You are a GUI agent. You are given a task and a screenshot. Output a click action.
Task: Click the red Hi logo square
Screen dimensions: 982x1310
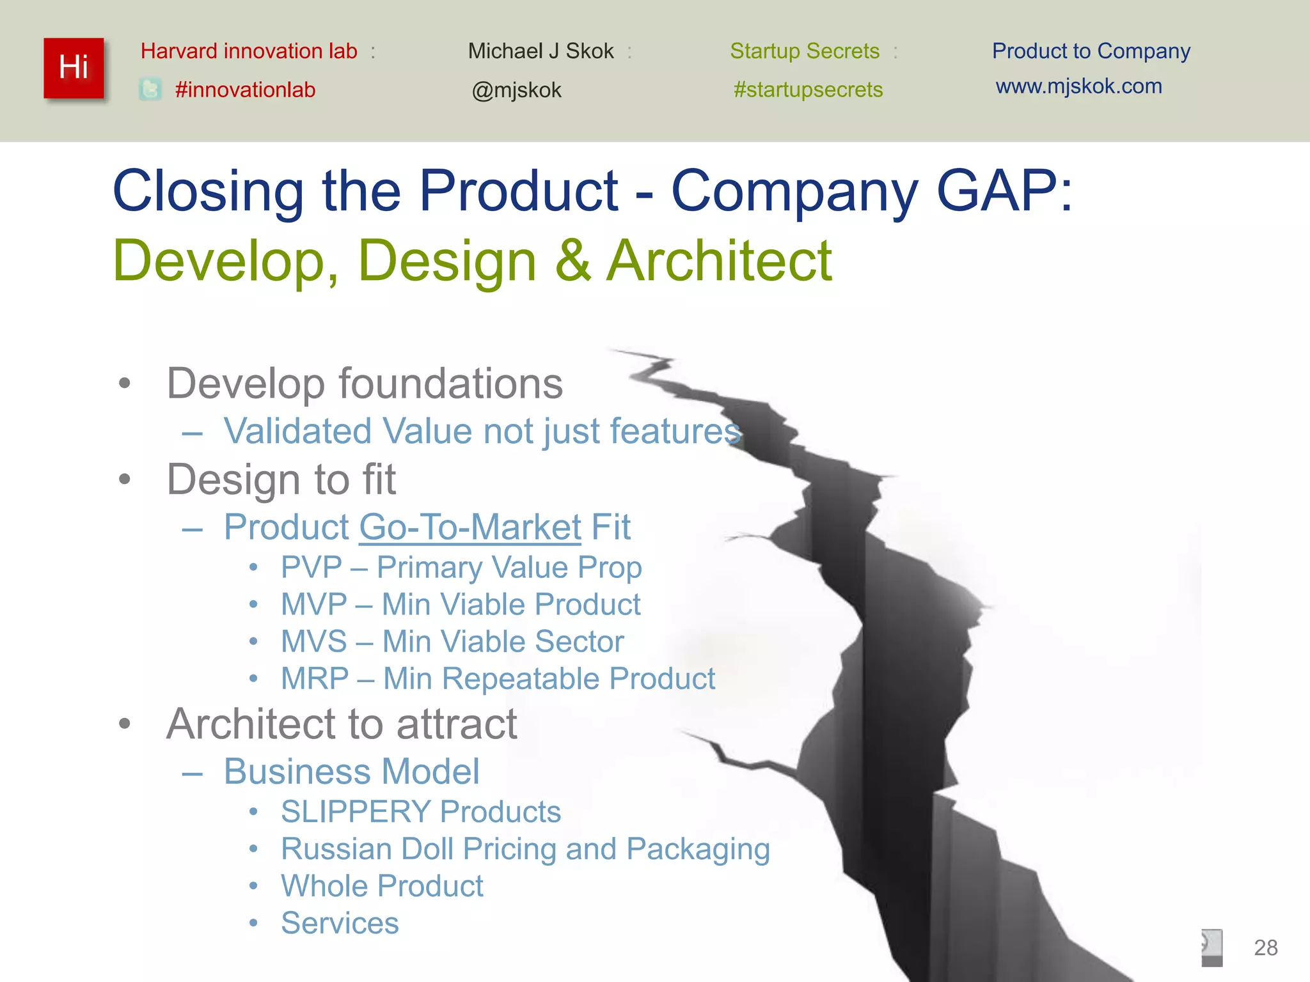[x=74, y=68]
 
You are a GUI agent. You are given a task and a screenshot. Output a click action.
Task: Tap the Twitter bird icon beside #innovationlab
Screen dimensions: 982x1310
[x=150, y=89]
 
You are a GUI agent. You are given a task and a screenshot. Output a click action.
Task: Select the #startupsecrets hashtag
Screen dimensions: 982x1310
[x=808, y=90]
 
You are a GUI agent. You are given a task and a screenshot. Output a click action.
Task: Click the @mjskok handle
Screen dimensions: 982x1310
[x=516, y=90]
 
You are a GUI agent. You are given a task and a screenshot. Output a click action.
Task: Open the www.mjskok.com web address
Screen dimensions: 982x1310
[x=1078, y=86]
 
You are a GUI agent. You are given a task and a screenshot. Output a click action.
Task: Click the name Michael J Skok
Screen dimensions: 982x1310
[x=541, y=51]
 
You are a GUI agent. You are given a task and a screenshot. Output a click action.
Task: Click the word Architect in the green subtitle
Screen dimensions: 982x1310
[x=719, y=260]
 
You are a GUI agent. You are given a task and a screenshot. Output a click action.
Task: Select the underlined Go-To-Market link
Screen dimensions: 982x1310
[x=470, y=527]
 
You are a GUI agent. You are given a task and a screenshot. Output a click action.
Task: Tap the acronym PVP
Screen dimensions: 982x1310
[x=312, y=568]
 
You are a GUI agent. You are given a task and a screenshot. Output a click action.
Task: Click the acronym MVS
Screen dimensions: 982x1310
[x=313, y=642]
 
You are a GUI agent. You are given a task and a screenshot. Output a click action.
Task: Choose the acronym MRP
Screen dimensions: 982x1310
[x=315, y=679]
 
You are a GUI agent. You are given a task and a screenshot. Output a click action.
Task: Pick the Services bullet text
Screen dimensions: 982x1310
[x=340, y=923]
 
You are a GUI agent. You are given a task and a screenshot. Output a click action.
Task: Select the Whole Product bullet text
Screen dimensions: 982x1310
[x=382, y=886]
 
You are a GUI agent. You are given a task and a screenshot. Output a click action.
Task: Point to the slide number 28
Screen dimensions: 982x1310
[x=1265, y=947]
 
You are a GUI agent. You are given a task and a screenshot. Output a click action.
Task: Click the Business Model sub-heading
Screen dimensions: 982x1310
[x=351, y=772]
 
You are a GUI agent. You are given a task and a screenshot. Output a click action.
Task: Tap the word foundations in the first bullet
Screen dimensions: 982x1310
[x=450, y=384]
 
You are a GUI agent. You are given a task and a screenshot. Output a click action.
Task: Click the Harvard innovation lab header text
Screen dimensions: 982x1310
[x=249, y=51]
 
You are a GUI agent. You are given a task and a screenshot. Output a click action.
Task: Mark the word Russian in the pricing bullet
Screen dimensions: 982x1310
[x=336, y=849]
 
